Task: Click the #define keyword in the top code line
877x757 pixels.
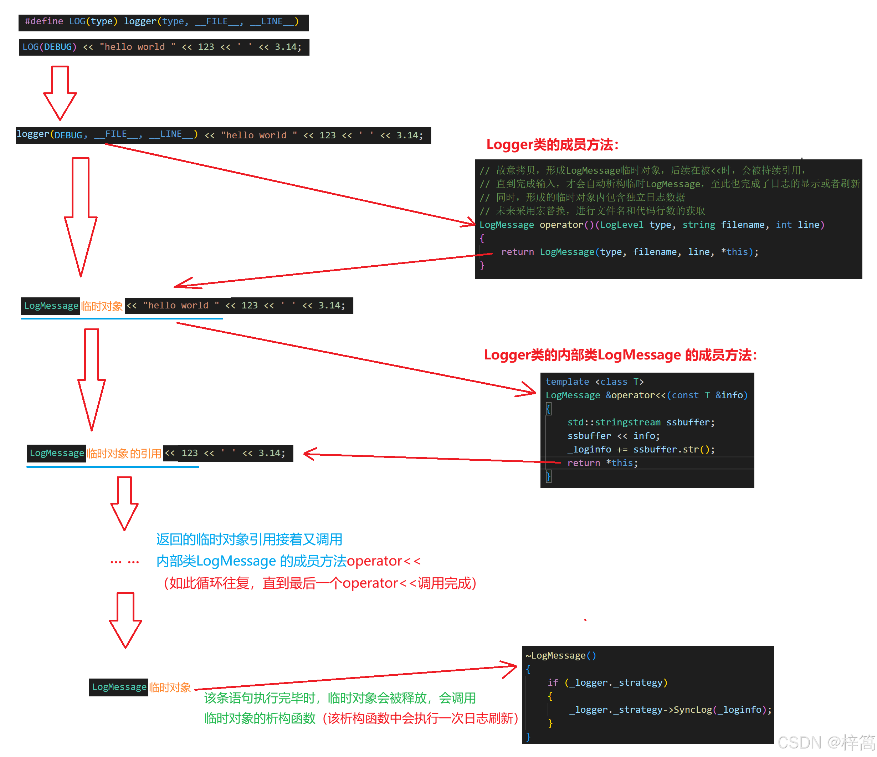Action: click(x=44, y=21)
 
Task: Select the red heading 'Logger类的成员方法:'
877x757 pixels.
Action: click(x=552, y=145)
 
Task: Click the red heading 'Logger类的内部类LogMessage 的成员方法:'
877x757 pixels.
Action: click(x=620, y=355)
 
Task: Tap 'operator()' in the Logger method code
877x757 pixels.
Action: click(x=566, y=225)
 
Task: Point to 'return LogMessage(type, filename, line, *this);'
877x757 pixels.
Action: click(x=629, y=252)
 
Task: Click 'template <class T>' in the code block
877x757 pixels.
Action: click(x=594, y=382)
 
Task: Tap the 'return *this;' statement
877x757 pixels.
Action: click(x=602, y=463)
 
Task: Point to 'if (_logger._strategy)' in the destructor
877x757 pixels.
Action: click(x=607, y=682)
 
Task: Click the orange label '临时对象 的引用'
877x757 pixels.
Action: click(x=124, y=454)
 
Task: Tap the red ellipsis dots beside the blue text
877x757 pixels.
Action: click(x=124, y=562)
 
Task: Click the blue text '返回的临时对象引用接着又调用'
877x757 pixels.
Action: click(x=249, y=539)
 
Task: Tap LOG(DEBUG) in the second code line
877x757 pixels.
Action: click(x=49, y=47)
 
